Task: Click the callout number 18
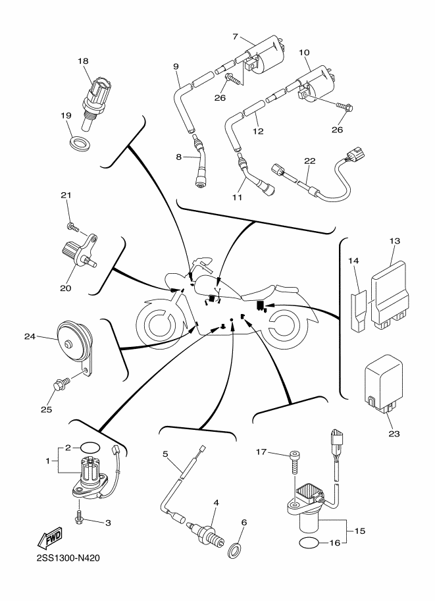82,61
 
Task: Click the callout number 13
394,241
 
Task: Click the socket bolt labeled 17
294,462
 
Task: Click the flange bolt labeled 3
80,521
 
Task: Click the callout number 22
309,161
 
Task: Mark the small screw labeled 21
72,227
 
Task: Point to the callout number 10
304,51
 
